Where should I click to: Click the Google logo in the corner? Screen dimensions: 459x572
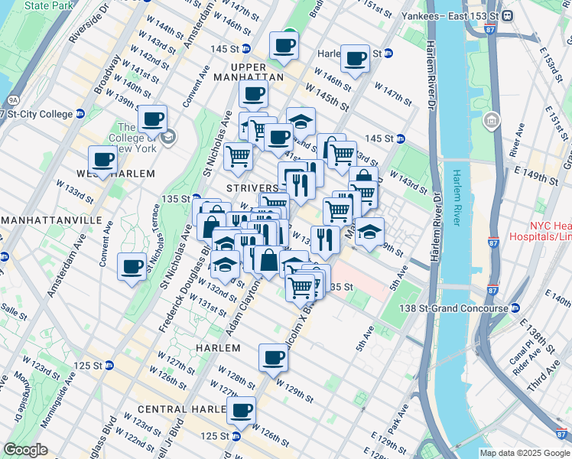point(25,450)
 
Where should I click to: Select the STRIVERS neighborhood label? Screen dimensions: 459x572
point(252,187)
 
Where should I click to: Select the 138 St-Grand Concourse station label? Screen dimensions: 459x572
point(454,308)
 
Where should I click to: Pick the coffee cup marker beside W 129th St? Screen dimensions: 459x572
point(273,357)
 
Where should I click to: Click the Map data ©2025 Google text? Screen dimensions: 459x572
point(524,453)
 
